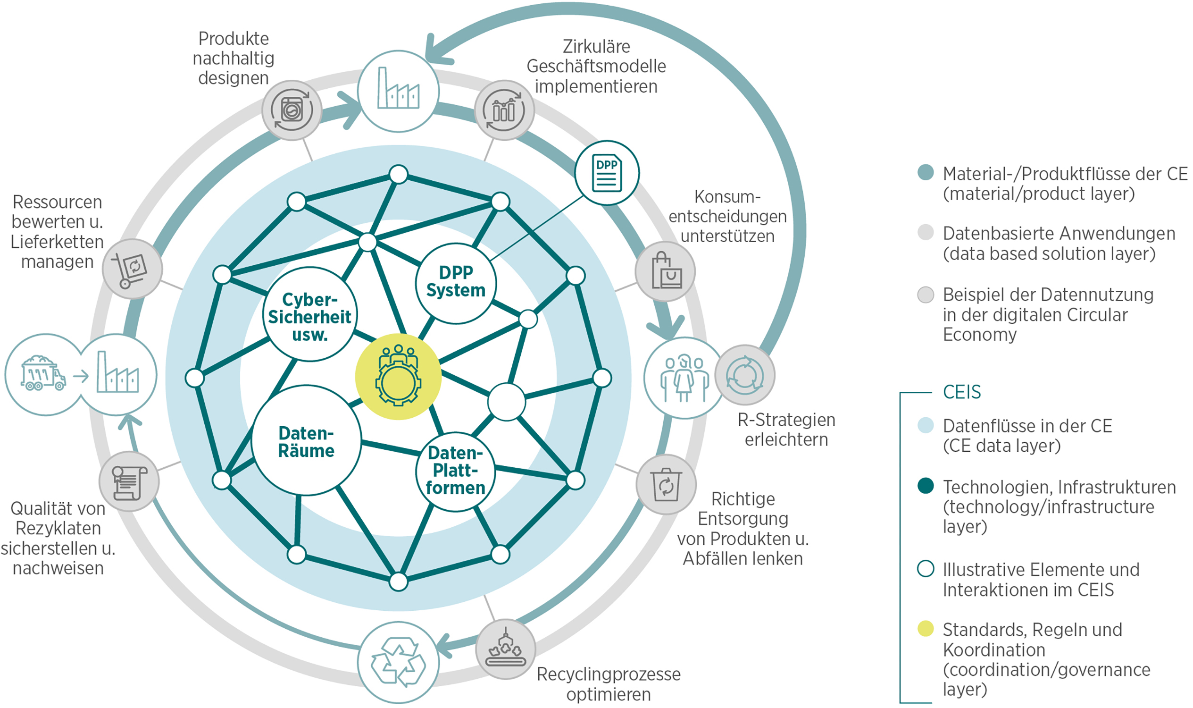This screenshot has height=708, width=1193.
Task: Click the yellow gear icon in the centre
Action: click(398, 377)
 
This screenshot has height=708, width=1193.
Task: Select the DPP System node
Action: click(456, 283)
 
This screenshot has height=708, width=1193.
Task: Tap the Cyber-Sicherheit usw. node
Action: click(310, 315)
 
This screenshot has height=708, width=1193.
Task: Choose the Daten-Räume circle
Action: click(306, 441)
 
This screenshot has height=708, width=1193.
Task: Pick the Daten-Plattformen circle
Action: click(455, 472)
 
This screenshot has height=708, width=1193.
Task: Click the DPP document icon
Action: click(607, 173)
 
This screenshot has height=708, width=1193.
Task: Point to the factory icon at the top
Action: click(398, 91)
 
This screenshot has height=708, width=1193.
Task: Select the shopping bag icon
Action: click(665, 271)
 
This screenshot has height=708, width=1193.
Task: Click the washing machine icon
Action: click(292, 110)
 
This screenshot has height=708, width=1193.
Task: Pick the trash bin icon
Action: click(666, 485)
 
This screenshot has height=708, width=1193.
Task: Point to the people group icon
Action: click(684, 378)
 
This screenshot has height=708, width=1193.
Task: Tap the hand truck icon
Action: click(132, 269)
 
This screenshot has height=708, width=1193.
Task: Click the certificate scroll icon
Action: click(129, 482)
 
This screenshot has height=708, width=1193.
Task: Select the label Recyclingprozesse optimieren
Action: click(609, 683)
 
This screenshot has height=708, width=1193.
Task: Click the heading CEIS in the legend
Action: click(962, 392)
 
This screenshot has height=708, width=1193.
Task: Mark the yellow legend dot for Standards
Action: click(926, 628)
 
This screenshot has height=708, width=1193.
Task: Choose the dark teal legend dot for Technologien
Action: click(926, 486)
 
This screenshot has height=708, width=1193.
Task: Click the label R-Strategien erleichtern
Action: click(786, 430)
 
